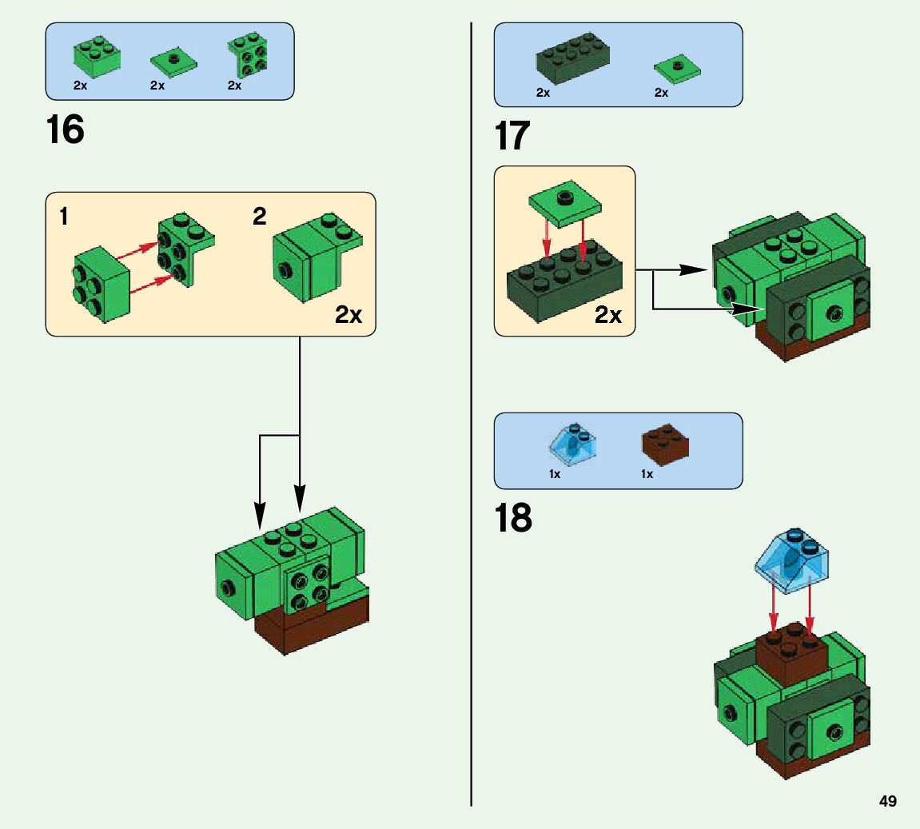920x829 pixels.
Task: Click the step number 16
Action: click(65, 130)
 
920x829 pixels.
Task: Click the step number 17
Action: click(512, 136)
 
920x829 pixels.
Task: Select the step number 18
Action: click(512, 519)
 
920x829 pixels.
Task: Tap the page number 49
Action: click(887, 802)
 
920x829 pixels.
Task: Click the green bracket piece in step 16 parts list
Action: click(247, 55)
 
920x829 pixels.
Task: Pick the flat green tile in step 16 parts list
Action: click(173, 61)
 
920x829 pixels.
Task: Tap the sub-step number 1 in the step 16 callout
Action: click(64, 217)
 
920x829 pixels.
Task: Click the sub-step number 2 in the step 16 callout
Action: click(260, 217)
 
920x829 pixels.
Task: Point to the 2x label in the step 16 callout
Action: click(348, 315)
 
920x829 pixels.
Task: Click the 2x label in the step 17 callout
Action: click(608, 315)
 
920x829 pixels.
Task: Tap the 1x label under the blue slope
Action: click(555, 474)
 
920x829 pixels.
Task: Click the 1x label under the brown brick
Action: click(647, 474)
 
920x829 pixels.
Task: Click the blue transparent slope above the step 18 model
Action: click(793, 560)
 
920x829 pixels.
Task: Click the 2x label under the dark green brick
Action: click(543, 93)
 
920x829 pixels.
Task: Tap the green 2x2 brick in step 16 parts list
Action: click(98, 54)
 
